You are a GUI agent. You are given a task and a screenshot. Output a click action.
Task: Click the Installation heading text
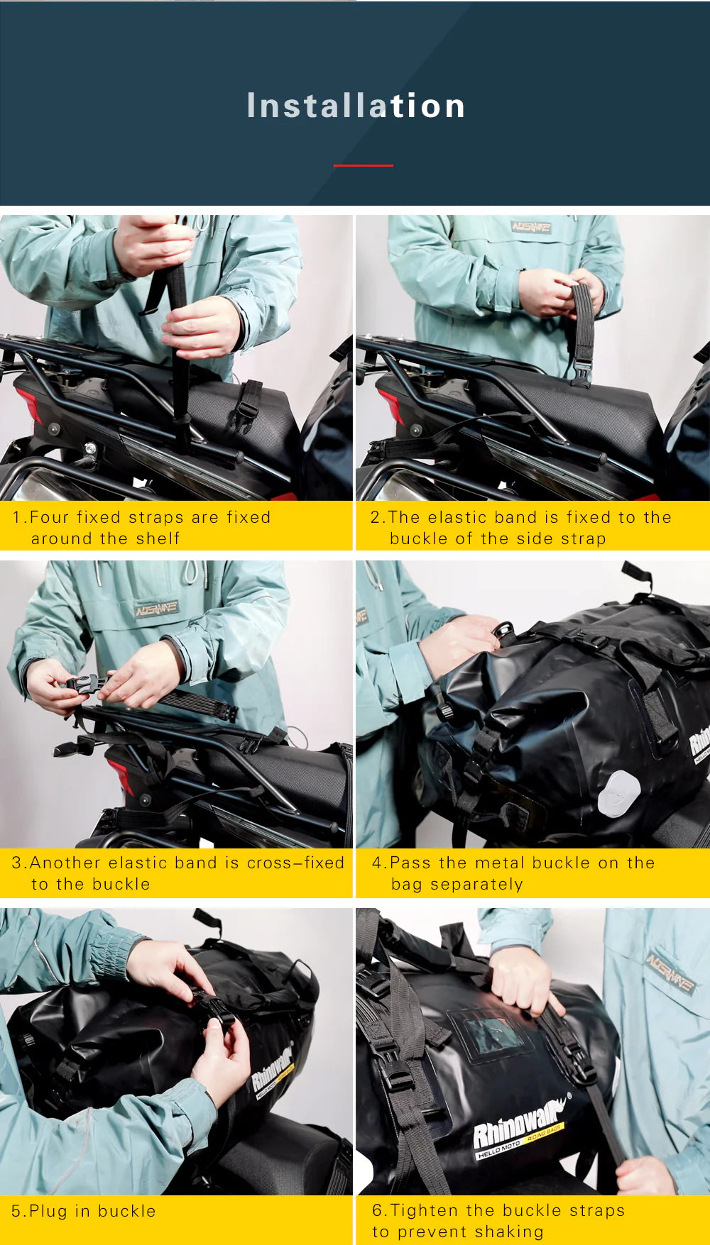point(356,106)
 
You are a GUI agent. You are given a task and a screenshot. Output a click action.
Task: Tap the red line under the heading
point(363,165)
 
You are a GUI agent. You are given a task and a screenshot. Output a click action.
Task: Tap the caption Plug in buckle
point(84,1211)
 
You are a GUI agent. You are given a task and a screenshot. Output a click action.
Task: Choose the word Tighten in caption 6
point(425,1210)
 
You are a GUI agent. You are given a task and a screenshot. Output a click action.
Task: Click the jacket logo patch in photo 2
point(531,227)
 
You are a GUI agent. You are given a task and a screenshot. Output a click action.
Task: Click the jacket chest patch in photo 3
point(157,609)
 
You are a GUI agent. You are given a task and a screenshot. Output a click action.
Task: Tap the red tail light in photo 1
point(31,404)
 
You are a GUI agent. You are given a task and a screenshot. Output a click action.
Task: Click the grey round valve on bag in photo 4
point(618,793)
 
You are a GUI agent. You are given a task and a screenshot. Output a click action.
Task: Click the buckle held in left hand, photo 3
point(83,685)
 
